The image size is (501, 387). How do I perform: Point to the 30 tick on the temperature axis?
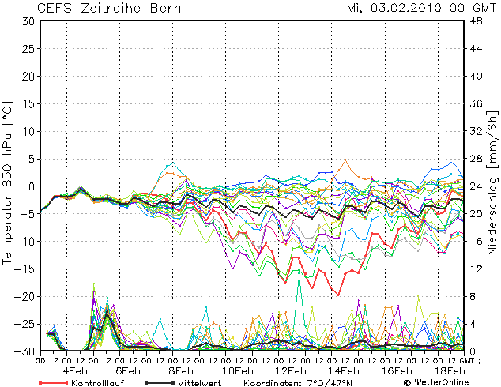click(28, 21)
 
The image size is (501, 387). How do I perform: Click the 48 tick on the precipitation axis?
click(478, 21)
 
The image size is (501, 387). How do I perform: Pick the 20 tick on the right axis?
click(478, 214)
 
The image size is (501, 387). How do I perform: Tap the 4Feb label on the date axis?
click(75, 370)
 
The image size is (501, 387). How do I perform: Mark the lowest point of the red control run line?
click(340, 295)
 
